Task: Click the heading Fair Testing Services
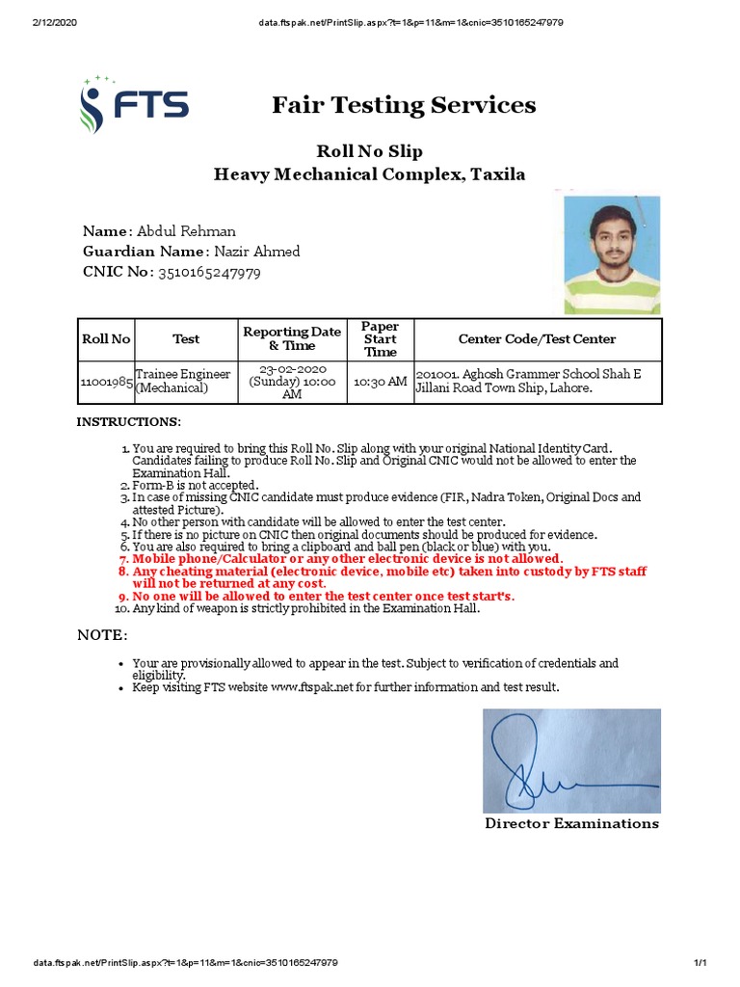(404, 105)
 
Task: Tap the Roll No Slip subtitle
(370, 151)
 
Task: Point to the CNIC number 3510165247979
(209, 273)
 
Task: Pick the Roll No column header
(106, 338)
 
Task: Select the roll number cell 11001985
(106, 382)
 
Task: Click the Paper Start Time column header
(380, 339)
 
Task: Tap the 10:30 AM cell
(380, 382)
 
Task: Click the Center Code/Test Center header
(537, 338)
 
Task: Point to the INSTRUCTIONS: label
(128, 422)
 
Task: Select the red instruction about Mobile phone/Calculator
(347, 559)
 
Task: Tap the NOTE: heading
(101, 636)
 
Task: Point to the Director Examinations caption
(571, 823)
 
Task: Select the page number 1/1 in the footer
(700, 963)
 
